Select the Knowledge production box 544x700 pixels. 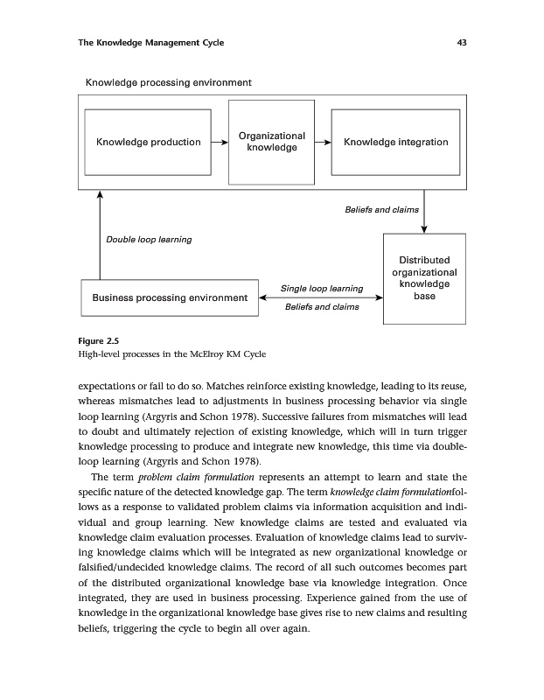tap(148, 142)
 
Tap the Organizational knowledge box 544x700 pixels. tap(271, 142)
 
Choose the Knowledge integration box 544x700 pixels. tap(395, 142)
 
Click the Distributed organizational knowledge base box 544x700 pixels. tap(424, 278)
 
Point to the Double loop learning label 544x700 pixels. tap(149, 239)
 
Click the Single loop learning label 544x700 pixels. tap(322, 288)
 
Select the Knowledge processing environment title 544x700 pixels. tap(168, 82)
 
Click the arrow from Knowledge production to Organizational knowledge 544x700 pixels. tap(220, 142)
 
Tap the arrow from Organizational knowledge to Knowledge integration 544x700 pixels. tap(323, 142)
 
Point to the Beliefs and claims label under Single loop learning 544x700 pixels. tap(322, 307)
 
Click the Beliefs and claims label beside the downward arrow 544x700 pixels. tap(381, 210)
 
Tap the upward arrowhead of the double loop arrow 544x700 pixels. tap(101, 194)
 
